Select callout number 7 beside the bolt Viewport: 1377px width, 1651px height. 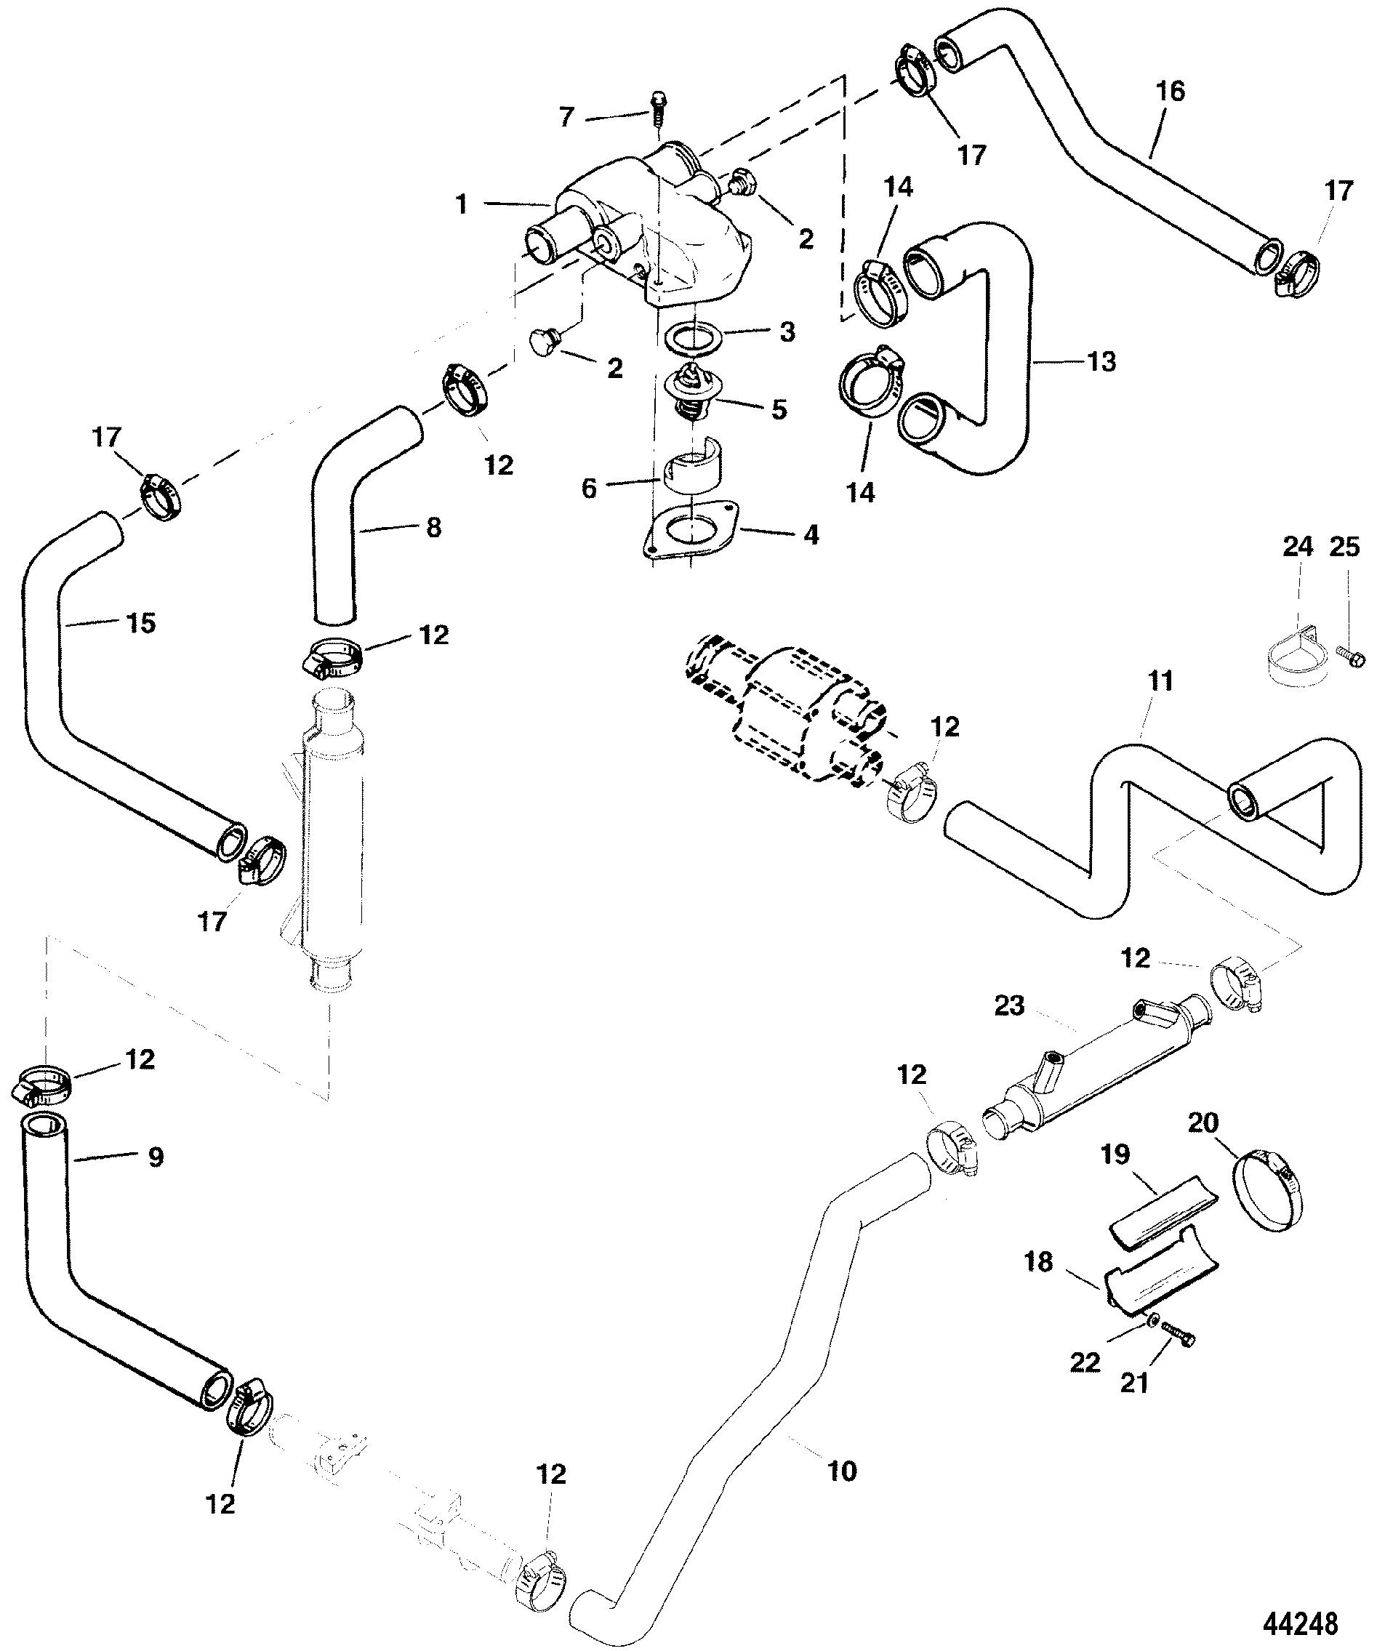pos(567,117)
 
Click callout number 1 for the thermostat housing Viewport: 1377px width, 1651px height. pos(462,204)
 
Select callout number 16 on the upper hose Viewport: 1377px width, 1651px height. pos(1171,92)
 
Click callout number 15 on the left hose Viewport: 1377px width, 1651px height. pos(142,624)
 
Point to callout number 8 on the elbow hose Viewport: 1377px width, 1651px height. pos(433,528)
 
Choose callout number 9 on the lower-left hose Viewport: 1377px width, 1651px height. pos(155,1157)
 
